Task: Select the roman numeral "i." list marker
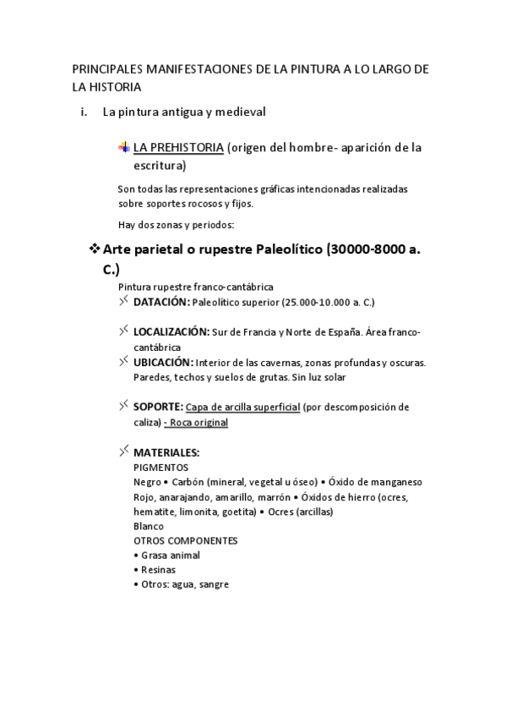point(84,111)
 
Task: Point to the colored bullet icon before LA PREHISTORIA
point(124,147)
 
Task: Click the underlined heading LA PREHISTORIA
point(178,148)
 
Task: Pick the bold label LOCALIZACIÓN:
point(171,332)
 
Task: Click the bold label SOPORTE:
point(158,407)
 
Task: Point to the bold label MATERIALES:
point(166,452)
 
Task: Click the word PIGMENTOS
point(161,468)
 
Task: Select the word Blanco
point(149,526)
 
